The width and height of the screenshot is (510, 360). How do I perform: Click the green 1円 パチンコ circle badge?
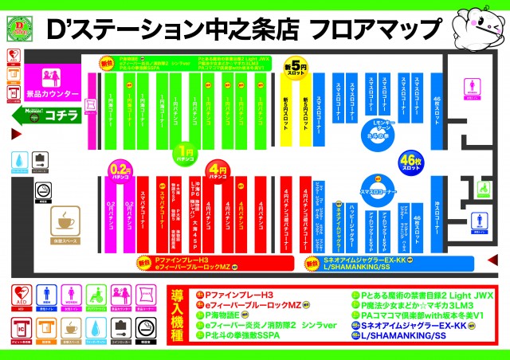(186, 152)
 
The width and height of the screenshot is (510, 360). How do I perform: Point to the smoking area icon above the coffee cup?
(40, 159)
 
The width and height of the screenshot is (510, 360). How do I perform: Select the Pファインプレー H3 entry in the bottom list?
(239, 293)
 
